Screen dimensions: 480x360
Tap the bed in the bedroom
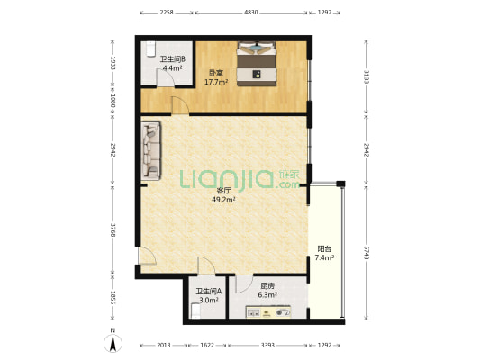pyautogui.click(x=257, y=63)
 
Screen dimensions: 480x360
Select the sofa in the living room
pyautogui.click(x=151, y=151)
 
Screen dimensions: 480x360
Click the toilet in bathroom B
pyautogui.click(x=150, y=49)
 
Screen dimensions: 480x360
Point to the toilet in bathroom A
pyautogui.click(x=195, y=310)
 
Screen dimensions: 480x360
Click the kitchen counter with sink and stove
pyautogui.click(x=268, y=311)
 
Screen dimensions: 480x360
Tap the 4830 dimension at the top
pyautogui.click(x=251, y=13)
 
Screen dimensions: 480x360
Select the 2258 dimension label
pyautogui.click(x=167, y=13)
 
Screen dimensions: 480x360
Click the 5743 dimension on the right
pyautogui.click(x=367, y=252)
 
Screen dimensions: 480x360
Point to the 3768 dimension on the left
pyautogui.click(x=113, y=230)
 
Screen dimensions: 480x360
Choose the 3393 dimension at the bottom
pyautogui.click(x=267, y=346)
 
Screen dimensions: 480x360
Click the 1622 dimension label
pyautogui.click(x=207, y=346)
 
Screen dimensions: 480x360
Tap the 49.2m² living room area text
pyautogui.click(x=223, y=200)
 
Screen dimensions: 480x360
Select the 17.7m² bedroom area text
pyautogui.click(x=216, y=82)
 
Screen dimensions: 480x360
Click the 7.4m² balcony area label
pyautogui.click(x=324, y=257)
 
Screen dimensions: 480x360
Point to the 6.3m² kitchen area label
pyautogui.click(x=267, y=295)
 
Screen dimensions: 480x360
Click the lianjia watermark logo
pyautogui.click(x=240, y=180)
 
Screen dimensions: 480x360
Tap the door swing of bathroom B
pyautogui.click(x=166, y=78)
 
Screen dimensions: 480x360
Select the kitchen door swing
pyautogui.click(x=244, y=284)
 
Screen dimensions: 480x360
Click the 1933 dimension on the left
pyautogui.click(x=113, y=63)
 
